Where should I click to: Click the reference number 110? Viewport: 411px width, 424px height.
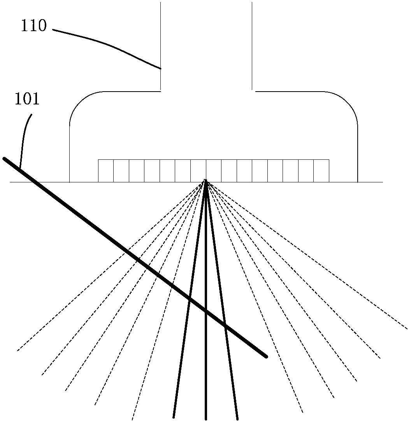pos(34,26)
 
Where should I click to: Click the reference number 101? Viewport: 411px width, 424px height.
pos(27,99)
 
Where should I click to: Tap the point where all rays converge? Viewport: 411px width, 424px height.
pos(206,180)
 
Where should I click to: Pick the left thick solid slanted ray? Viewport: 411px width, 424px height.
pos(187,312)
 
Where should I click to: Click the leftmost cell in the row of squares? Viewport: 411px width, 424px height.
pos(105,171)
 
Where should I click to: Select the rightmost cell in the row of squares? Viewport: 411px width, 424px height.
pos(321,171)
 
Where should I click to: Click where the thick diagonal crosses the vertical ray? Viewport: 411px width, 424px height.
pos(206,311)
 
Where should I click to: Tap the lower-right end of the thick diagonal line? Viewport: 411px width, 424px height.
pos(266,356)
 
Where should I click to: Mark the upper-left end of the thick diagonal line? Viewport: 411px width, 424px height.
pos(4,159)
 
